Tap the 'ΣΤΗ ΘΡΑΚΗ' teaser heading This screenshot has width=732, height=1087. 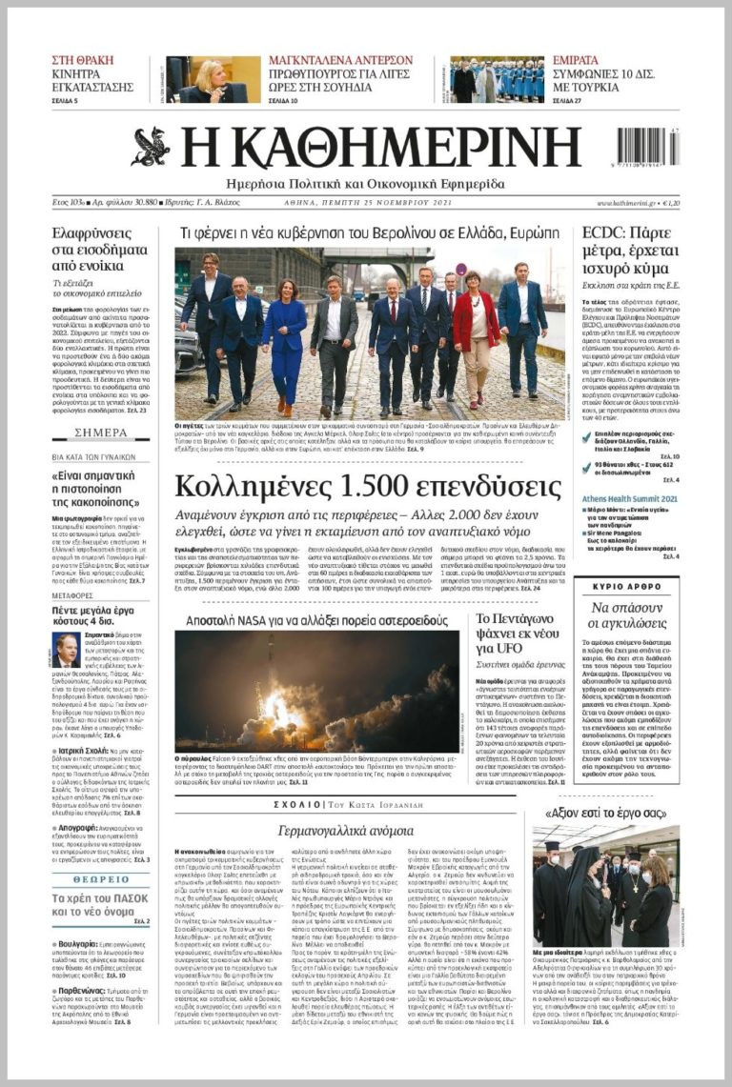tap(82, 60)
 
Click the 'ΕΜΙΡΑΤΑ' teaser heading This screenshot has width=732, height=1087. tap(576, 60)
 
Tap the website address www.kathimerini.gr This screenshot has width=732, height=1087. tap(628, 203)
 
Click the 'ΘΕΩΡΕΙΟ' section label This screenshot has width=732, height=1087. tap(100, 879)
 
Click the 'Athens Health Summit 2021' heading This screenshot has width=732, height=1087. tap(630, 498)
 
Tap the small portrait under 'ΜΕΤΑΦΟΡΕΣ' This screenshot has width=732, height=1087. tap(66, 651)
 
